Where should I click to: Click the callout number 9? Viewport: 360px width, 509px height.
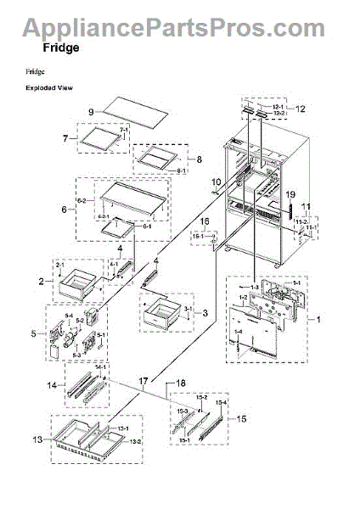(89, 112)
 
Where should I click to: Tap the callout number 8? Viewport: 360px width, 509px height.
(200, 159)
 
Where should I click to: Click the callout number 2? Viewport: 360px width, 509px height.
(40, 280)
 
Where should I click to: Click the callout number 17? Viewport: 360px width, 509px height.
(143, 382)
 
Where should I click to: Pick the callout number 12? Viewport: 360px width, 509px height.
(300, 109)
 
